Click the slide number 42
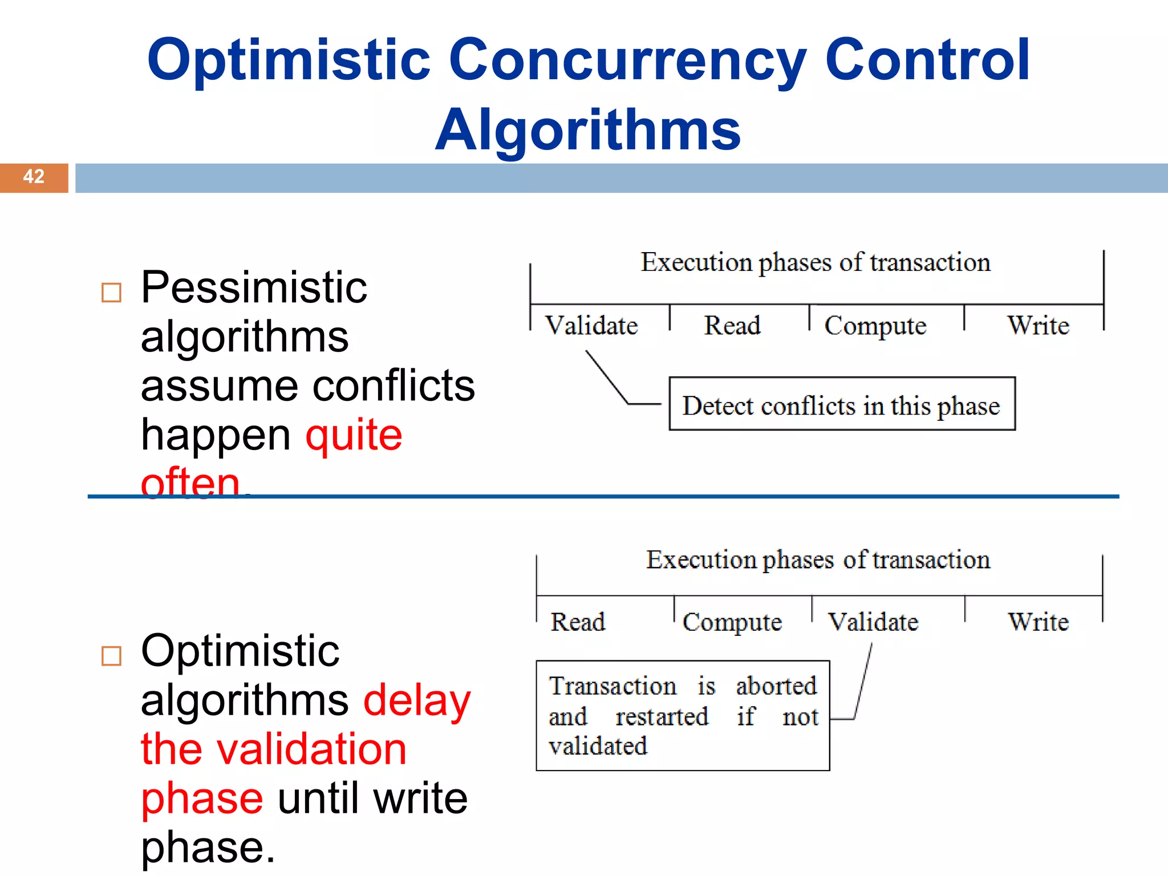click(34, 177)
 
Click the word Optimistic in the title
click(289, 60)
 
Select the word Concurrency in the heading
click(627, 60)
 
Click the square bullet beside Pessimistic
click(111, 293)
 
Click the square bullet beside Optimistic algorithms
click(111, 656)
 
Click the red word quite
click(354, 435)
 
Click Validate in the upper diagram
click(591, 326)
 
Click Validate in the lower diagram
click(873, 622)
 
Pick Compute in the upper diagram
click(875, 326)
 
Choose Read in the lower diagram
click(578, 622)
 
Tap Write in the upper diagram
click(1038, 326)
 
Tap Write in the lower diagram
click(1038, 622)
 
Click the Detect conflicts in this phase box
click(842, 404)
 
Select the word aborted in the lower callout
click(776, 686)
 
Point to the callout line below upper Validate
click(607, 377)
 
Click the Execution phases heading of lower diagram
click(818, 560)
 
